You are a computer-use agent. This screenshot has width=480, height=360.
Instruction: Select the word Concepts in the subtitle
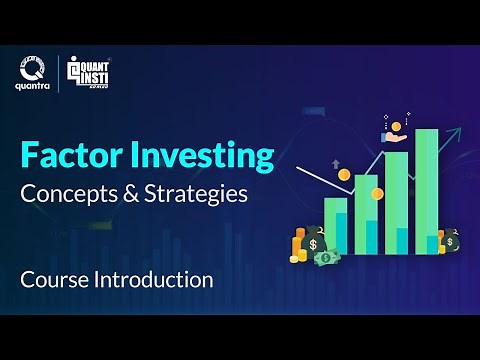(x=67, y=194)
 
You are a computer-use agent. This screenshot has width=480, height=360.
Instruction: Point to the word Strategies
(x=199, y=194)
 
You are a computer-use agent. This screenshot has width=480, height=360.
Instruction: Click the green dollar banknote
(x=326, y=258)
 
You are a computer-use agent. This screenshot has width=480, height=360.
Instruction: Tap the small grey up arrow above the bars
(x=338, y=162)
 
